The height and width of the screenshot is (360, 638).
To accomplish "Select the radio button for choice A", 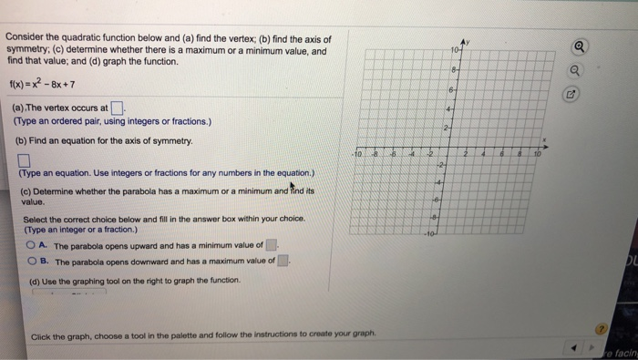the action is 32,244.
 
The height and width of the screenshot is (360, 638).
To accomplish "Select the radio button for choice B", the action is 32,261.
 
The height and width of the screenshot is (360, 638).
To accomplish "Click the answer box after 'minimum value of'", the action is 270,244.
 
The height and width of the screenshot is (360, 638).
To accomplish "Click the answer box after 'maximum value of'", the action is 283,261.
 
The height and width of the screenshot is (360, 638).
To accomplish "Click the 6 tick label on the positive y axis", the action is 448,87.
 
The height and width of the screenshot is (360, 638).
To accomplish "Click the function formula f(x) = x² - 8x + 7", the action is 41,85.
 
